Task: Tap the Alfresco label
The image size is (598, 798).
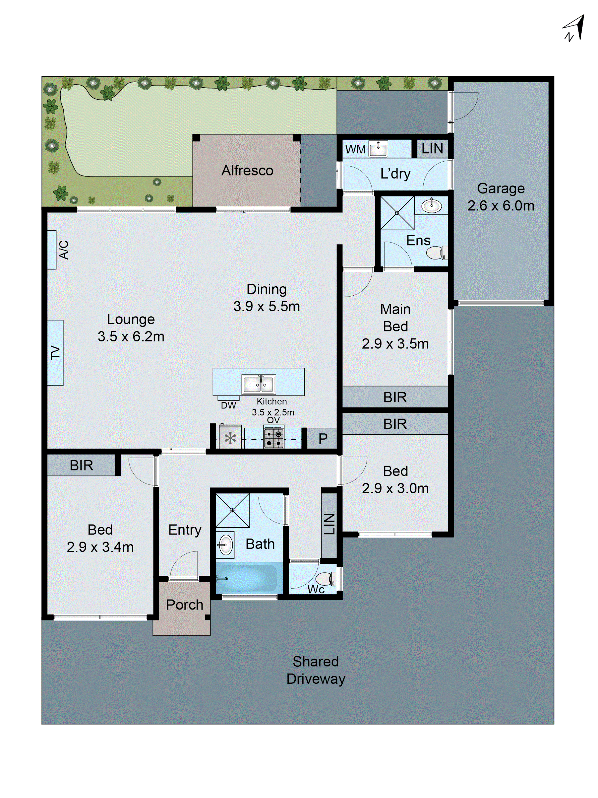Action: (247, 171)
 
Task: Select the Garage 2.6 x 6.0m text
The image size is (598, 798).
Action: (501, 197)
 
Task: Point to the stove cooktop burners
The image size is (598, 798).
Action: (274, 438)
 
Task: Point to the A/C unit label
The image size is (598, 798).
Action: (63, 250)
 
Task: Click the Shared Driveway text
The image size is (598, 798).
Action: (316, 670)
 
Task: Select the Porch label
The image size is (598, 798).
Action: (185, 605)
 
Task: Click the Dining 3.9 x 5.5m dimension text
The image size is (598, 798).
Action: (266, 298)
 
